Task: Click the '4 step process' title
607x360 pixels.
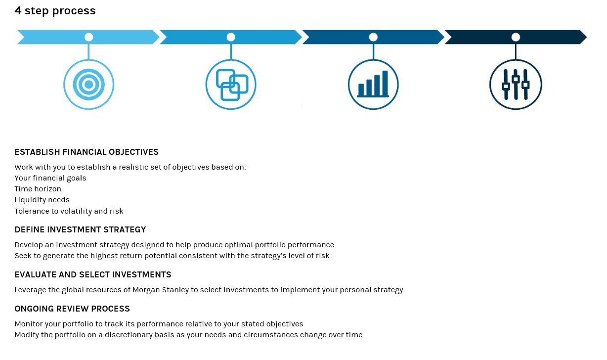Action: [55, 11]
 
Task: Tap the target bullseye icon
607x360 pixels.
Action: [88, 85]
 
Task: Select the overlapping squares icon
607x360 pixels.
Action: [231, 85]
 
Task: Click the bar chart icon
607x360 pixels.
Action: [373, 85]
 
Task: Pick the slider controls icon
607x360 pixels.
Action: [516, 85]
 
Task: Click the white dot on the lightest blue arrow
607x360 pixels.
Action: [88, 37]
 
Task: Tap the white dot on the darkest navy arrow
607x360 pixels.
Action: [516, 37]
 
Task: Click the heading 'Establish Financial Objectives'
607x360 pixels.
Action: [87, 152]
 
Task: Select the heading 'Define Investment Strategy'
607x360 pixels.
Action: [80, 230]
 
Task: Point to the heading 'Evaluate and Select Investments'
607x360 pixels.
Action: [93, 275]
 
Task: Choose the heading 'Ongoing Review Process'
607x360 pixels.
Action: [72, 309]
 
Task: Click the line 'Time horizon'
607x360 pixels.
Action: [38, 189]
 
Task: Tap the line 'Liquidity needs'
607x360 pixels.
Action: [42, 200]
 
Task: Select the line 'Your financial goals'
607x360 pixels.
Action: [50, 179]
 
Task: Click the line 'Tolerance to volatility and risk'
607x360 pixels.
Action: [69, 211]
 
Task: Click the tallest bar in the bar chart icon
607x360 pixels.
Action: [385, 83]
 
